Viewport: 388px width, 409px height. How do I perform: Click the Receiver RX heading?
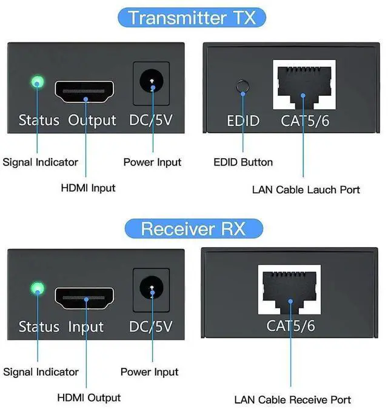coord(193,229)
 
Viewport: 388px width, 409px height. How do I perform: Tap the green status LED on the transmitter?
coord(38,81)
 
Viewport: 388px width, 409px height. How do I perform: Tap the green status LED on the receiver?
coord(38,288)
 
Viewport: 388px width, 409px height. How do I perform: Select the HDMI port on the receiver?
coord(85,299)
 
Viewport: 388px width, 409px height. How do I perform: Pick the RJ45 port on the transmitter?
coord(305,85)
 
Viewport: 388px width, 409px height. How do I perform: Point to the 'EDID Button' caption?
coord(243,162)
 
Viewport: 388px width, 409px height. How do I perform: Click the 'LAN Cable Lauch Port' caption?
coord(306,190)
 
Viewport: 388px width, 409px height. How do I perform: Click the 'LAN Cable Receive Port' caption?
coord(293,399)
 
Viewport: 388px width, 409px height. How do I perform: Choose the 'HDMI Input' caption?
coord(88,188)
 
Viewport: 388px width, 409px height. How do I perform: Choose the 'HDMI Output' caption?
coord(89,397)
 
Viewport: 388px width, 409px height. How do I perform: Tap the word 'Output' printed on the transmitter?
coord(92,120)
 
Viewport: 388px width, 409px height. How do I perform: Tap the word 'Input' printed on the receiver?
coord(86,327)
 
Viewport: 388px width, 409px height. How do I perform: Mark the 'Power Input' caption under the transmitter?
coord(152,162)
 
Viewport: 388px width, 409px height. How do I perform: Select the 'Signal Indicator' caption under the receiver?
coord(41,371)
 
